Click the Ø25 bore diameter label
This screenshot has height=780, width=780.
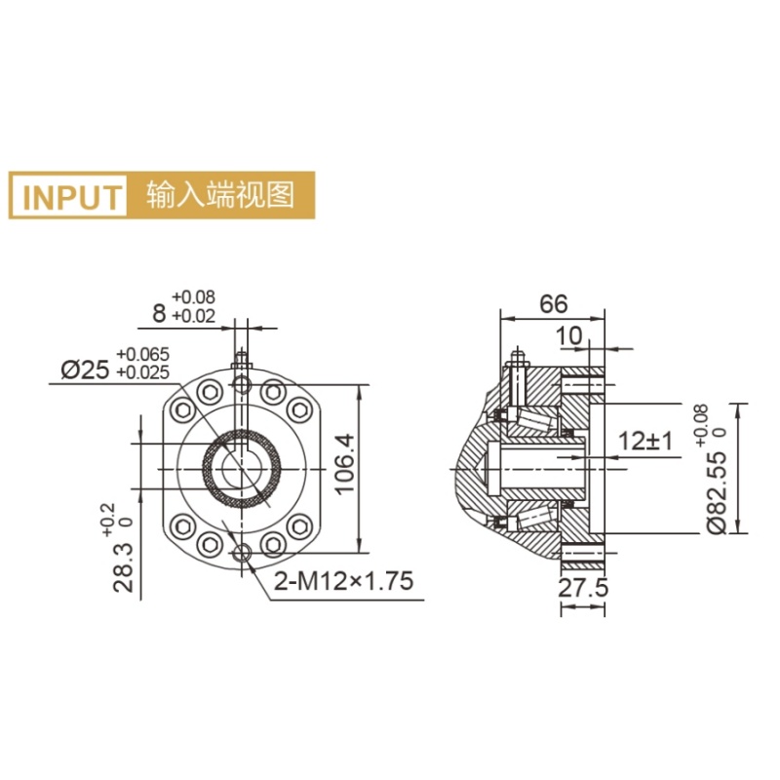point(86,370)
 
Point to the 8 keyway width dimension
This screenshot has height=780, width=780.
point(159,313)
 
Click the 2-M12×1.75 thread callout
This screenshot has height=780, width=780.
point(343,582)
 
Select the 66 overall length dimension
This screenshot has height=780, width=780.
point(553,303)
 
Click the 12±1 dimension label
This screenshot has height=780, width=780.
point(646,441)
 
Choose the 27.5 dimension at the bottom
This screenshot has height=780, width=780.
point(582,590)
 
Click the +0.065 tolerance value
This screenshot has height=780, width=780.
point(142,354)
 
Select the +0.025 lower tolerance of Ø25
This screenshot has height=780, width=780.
point(142,372)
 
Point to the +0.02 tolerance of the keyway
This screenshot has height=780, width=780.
point(194,316)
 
